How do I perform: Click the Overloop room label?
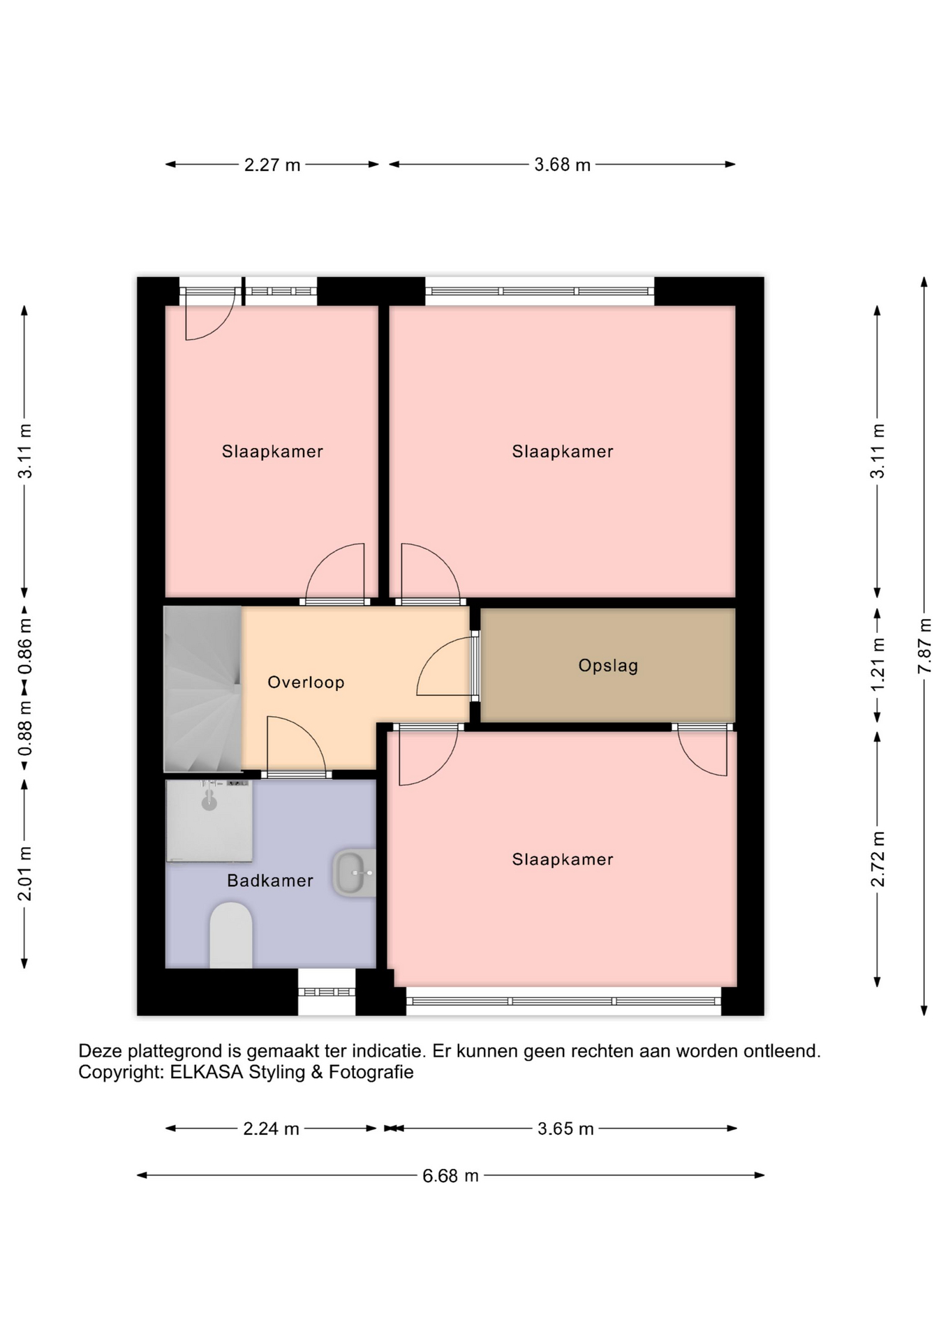point(306,683)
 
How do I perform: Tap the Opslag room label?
point(608,666)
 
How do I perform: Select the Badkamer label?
point(270,881)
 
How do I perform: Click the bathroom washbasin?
point(355,872)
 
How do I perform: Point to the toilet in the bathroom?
point(231,935)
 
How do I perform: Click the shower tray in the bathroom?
point(209,821)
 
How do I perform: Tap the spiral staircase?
point(202,689)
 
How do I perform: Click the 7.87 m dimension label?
point(924,646)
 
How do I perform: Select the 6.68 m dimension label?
point(450,1176)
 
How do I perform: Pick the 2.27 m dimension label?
point(272,165)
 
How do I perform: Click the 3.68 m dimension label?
point(563,165)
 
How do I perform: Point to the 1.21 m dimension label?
point(877,664)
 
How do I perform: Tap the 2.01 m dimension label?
point(24,873)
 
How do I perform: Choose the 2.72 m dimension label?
point(877,859)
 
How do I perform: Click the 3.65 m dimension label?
point(565,1129)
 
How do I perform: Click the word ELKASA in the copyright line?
point(207,1073)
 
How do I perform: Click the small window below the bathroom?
point(327,992)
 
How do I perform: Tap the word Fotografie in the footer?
point(371,1073)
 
